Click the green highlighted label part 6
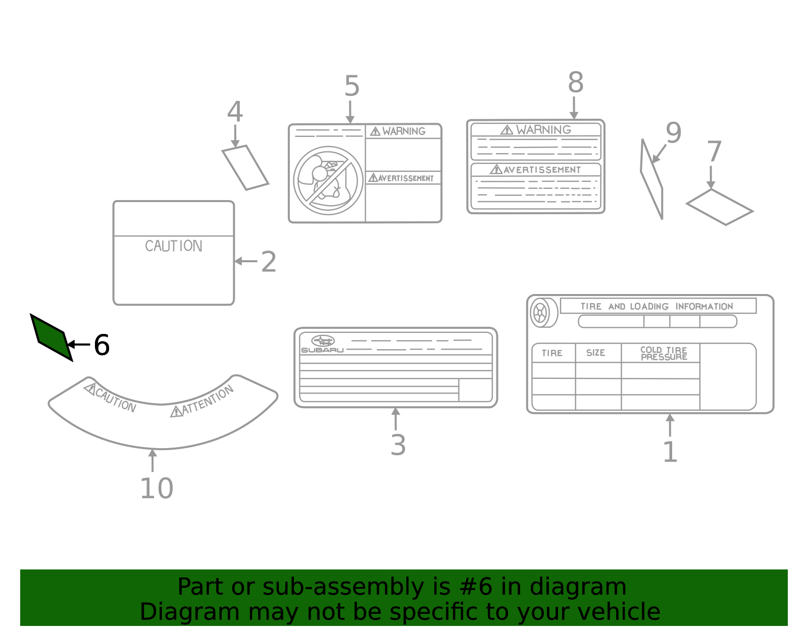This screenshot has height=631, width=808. (x=51, y=337)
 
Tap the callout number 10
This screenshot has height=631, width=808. (x=156, y=489)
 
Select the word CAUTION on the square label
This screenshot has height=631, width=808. (x=173, y=246)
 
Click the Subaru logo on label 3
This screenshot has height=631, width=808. (x=323, y=341)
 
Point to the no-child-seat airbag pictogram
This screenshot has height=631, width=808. (x=328, y=180)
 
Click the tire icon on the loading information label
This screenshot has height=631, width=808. (x=541, y=313)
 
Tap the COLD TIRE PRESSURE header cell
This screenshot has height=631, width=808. (x=663, y=353)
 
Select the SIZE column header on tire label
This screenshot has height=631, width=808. (x=595, y=353)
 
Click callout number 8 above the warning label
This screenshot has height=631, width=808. (x=575, y=82)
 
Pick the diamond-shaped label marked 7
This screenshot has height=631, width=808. (x=720, y=207)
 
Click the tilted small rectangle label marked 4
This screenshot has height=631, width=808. (x=245, y=168)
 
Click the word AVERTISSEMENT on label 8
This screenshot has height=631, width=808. (x=541, y=170)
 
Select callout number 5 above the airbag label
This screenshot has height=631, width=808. (x=351, y=86)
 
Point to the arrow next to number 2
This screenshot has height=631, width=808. (x=245, y=261)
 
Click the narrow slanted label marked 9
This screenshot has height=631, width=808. (x=651, y=180)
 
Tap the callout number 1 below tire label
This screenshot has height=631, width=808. (x=670, y=452)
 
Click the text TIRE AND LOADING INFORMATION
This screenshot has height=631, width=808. (x=656, y=306)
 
